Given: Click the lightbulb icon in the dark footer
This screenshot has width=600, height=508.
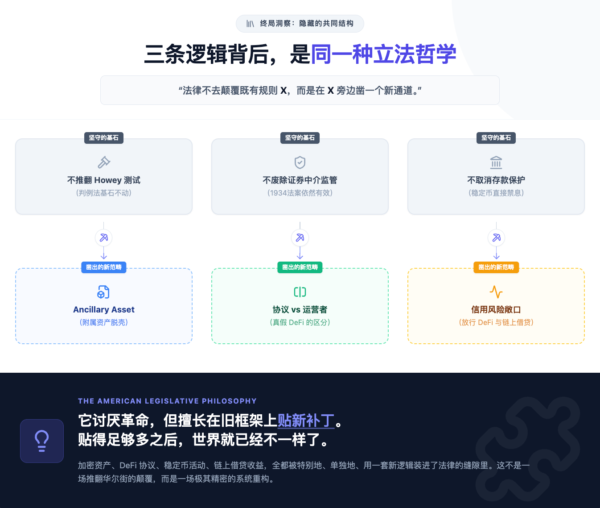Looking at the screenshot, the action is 42,441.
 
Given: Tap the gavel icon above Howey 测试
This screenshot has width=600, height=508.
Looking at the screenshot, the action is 103,162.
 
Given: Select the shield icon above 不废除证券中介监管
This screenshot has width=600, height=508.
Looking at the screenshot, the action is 300,162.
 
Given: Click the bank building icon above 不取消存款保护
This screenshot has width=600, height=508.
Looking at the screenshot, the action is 496,162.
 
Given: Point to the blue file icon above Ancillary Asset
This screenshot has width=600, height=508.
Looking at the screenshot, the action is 103,292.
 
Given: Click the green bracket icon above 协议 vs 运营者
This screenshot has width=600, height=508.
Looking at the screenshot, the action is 300,292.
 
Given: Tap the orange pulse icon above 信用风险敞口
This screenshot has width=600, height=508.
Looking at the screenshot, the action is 496,292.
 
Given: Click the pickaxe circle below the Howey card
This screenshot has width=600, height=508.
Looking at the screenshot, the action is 103,238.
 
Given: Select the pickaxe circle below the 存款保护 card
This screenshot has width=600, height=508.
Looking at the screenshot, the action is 497,238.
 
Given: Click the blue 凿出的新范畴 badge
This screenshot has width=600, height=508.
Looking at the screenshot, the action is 103,267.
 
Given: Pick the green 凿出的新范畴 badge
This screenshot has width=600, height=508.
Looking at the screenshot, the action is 300,267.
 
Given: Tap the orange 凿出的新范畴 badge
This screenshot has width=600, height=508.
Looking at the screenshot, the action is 496,267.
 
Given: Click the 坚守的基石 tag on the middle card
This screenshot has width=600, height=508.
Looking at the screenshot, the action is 300,138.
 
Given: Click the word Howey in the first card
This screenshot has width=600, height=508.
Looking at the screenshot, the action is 108,180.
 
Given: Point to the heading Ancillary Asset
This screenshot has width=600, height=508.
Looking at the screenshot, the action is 103,309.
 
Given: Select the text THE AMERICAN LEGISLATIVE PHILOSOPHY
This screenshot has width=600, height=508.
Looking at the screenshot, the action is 167,401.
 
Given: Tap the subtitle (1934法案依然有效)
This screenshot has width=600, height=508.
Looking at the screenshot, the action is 300,193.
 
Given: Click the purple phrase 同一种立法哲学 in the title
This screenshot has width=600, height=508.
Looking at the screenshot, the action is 383,54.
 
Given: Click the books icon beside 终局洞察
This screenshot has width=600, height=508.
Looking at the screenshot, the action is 250,24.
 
